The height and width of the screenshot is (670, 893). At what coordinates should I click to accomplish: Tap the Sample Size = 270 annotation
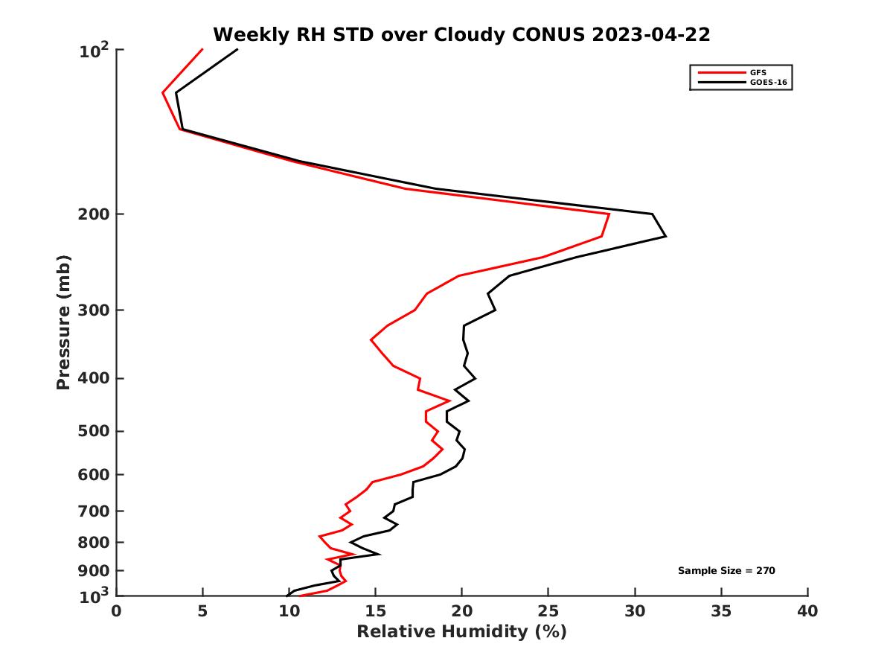click(x=726, y=570)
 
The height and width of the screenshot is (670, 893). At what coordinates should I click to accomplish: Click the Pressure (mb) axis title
click(x=63, y=322)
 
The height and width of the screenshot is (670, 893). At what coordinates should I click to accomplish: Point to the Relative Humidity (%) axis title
click(x=461, y=632)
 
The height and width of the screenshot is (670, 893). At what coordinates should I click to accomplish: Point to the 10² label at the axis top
click(x=95, y=52)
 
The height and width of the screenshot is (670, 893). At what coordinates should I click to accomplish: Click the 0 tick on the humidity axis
click(x=117, y=611)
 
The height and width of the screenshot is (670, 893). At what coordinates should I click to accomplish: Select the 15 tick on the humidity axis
click(x=375, y=611)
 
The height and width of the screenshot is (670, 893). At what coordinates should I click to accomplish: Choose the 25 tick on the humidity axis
click(x=548, y=611)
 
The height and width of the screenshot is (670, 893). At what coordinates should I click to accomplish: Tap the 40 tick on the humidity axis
click(x=807, y=611)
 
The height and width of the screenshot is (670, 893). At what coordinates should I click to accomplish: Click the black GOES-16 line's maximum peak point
click(x=665, y=237)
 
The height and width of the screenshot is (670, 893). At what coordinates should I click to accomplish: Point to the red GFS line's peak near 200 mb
click(x=609, y=214)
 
